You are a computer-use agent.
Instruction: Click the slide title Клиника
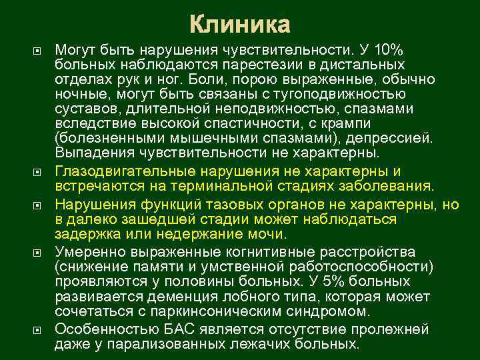[x=240, y=25]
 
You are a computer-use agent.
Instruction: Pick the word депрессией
[x=397, y=139]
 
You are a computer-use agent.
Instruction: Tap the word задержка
[x=85, y=233]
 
